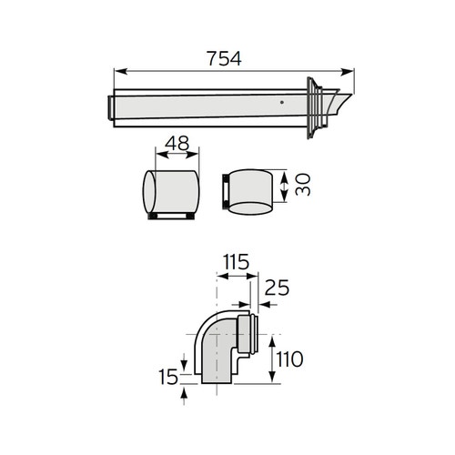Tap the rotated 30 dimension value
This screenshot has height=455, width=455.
pos(304,187)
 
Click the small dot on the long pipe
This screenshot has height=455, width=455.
pos(283,104)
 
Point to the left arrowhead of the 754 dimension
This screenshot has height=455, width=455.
pos(117,71)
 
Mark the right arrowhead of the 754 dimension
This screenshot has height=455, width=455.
pos(349,71)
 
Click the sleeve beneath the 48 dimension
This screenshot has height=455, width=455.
pos(170,193)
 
